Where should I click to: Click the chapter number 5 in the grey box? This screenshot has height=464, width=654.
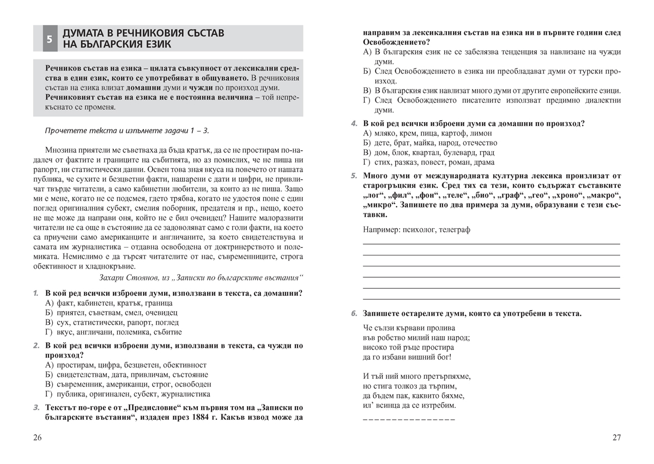pos(49,39)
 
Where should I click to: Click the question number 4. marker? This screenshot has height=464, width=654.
pos(354,123)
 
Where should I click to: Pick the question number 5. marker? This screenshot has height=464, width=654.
pos(354,175)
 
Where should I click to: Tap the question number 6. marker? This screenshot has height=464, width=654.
pos(354,313)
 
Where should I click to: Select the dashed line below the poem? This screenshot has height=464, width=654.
pos(408,419)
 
